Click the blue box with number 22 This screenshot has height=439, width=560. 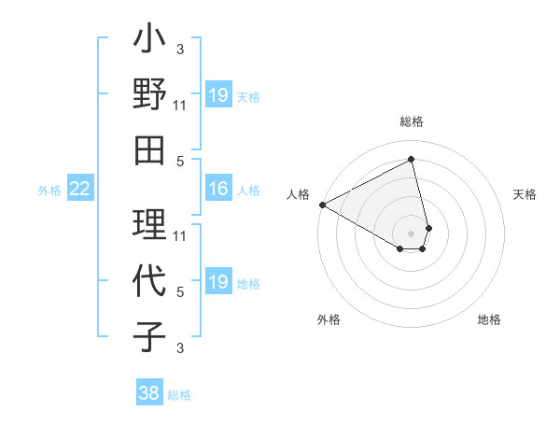pyautogui.click(x=79, y=190)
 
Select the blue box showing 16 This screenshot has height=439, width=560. pyautogui.click(x=218, y=190)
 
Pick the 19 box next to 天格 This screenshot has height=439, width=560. pyautogui.click(x=218, y=95)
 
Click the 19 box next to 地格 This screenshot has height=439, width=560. pyautogui.click(x=218, y=282)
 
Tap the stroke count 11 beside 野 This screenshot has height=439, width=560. pyautogui.click(x=181, y=106)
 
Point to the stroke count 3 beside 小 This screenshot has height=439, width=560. pyautogui.click(x=180, y=49)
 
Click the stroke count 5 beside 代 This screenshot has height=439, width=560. pyautogui.click(x=180, y=292)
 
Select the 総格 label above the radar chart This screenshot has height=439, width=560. pyautogui.click(x=412, y=121)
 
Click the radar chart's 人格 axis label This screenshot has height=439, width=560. pyautogui.click(x=298, y=194)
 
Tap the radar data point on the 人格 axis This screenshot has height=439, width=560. pyautogui.click(x=322, y=204)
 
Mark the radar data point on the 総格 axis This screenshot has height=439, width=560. pyautogui.click(x=412, y=159)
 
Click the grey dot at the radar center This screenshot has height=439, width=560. pyautogui.click(x=412, y=233)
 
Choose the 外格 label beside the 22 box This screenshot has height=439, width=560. pyautogui.click(x=49, y=191)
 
